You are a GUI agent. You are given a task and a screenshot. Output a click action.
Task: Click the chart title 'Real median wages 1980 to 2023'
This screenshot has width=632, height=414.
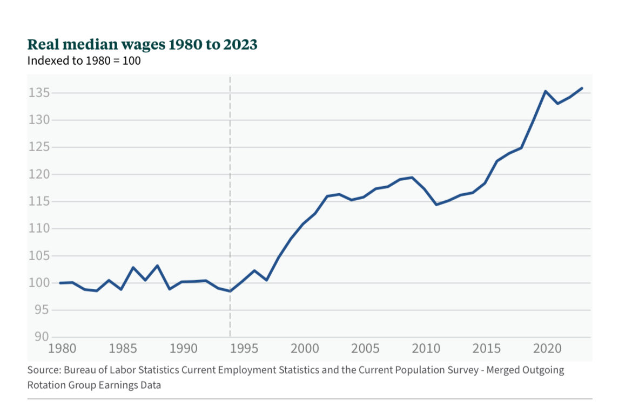(142, 45)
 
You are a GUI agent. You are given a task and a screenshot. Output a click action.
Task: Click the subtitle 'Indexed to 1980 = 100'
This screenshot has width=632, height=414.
(84, 61)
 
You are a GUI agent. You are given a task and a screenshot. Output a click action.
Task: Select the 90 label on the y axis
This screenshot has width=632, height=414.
(41, 337)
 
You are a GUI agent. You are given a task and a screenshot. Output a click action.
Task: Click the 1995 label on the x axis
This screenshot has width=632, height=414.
(243, 347)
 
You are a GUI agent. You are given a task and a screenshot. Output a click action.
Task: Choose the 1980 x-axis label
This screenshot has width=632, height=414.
(61, 347)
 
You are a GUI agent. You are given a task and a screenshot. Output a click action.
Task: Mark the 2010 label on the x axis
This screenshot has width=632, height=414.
(425, 347)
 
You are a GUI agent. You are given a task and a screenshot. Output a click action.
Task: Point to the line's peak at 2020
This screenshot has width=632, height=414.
(546, 91)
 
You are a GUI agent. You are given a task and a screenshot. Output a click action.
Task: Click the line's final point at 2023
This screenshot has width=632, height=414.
(582, 88)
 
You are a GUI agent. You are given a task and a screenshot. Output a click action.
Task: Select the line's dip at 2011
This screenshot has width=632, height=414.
(436, 205)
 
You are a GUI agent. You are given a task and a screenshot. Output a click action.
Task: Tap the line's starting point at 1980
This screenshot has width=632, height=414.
(60, 283)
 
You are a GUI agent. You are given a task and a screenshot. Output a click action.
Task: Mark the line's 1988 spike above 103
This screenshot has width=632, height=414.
(157, 266)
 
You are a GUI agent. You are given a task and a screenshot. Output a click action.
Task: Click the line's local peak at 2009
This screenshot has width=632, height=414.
(412, 178)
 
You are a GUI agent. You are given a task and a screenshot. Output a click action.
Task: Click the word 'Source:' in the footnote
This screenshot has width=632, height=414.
(44, 371)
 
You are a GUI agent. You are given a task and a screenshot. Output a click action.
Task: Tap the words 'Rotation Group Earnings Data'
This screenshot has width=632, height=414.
(94, 385)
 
